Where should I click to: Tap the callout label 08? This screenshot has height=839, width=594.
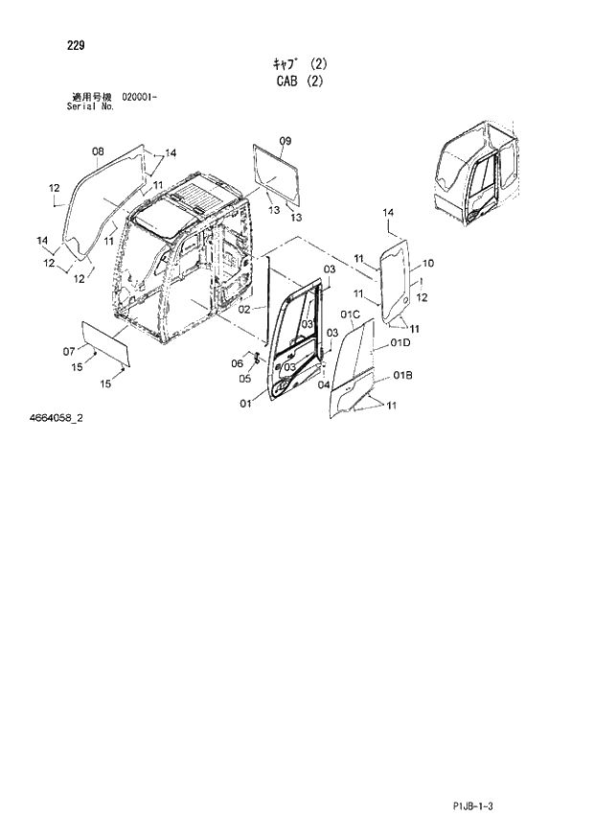click(98, 151)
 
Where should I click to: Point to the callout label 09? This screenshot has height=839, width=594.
click(285, 141)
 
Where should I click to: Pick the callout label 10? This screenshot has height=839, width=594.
click(427, 263)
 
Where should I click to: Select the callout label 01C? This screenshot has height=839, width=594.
click(349, 315)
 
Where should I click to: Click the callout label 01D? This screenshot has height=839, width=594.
click(400, 342)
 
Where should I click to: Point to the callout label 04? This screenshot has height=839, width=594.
click(324, 384)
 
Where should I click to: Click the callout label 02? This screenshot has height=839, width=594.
click(244, 310)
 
